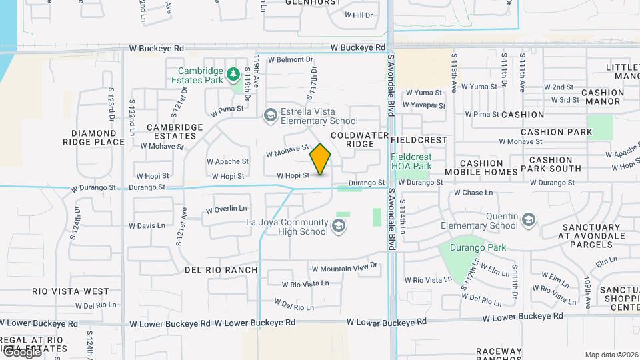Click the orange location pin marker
pyautogui.click(x=321, y=159)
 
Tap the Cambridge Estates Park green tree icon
pyautogui.click(x=233, y=73)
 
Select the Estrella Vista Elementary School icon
pyautogui.click(x=270, y=115)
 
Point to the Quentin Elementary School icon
pyautogui.click(x=528, y=220)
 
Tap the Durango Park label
pyautogui.click(x=477, y=247)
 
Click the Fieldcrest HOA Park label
pyautogui.click(x=411, y=161)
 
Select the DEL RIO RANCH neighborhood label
pyautogui.click(x=221, y=270)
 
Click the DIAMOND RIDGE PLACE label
pyautogui.click(x=93, y=137)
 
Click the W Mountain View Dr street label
pyautogui.click(x=343, y=268)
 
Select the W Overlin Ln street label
pyautogui.click(x=226, y=209)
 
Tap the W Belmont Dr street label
pyautogui.click(x=290, y=59)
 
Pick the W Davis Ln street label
pyautogui.click(x=147, y=225)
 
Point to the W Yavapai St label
pyautogui.click(x=425, y=105)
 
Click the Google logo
pyautogui.click(x=21, y=351)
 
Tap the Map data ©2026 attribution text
pyautogui.click(x=611, y=355)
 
